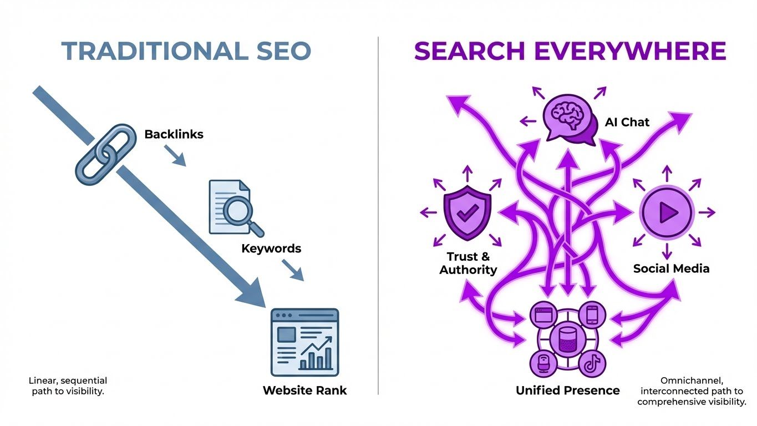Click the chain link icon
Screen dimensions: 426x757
pyautogui.click(x=105, y=154)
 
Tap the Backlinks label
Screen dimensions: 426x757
pyautogui.click(x=174, y=134)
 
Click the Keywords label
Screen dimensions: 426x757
pyautogui.click(x=271, y=248)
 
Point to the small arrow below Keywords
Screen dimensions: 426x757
pyautogui.click(x=293, y=270)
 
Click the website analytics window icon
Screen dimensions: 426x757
pyautogui.click(x=304, y=342)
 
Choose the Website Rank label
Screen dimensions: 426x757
pyautogui.click(x=304, y=390)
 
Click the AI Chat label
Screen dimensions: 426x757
pyautogui.click(x=627, y=122)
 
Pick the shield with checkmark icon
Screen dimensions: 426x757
pyautogui.click(x=467, y=213)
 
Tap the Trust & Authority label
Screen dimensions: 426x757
pyautogui.click(x=468, y=263)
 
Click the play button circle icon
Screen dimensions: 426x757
pyautogui.click(x=666, y=212)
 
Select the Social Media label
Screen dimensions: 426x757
pyautogui.click(x=671, y=268)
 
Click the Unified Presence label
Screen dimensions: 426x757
pyautogui.click(x=567, y=390)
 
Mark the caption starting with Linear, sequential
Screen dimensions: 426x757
pyautogui.click(x=68, y=386)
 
